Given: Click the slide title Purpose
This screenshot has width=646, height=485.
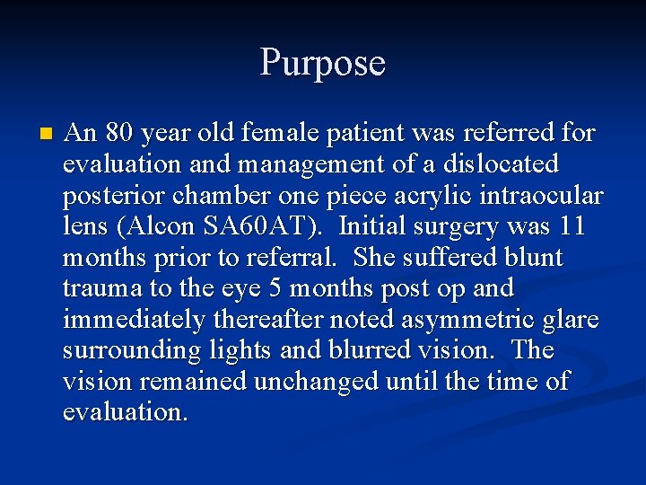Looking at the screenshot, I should click(323, 64).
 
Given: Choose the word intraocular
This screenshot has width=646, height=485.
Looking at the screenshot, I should click(546, 196).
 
